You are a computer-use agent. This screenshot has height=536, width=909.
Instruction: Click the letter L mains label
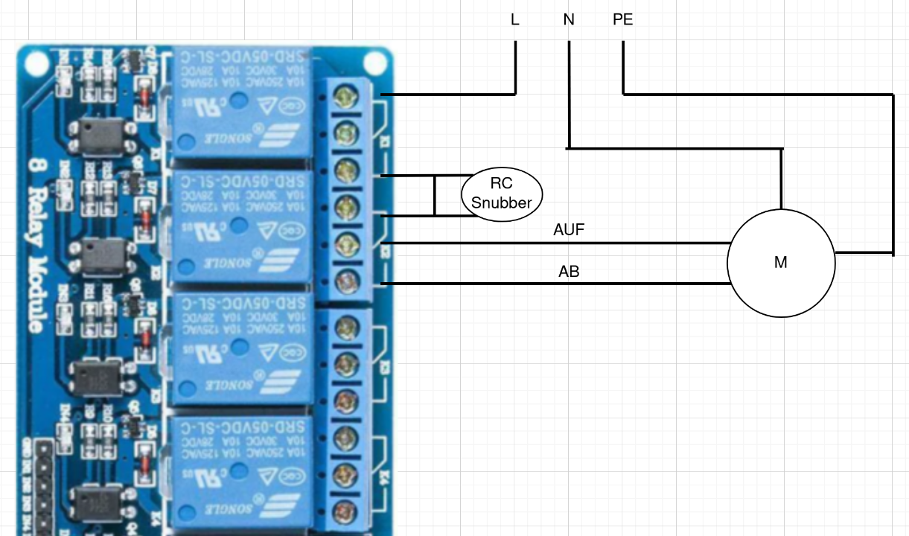point(514,20)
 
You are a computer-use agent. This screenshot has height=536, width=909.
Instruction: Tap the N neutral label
point(569,20)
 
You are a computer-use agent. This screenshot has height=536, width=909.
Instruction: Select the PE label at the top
point(623,20)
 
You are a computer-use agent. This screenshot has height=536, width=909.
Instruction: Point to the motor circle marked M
point(780,263)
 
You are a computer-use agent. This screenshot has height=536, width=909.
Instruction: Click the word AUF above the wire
point(569,230)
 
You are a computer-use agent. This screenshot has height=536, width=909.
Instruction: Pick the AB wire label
point(569,272)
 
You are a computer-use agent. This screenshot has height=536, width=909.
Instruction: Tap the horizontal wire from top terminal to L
point(447,95)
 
